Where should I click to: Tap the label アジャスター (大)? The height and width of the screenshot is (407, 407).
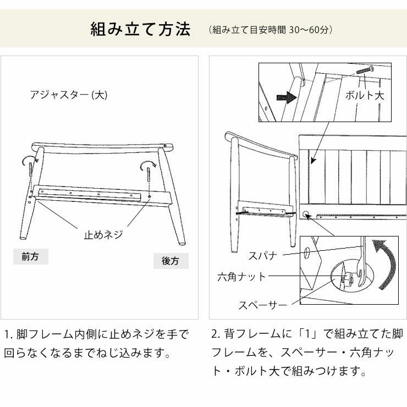click(x=69, y=95)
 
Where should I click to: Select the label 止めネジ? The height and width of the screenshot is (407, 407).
click(x=103, y=235)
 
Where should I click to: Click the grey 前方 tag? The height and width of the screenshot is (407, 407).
click(x=30, y=257)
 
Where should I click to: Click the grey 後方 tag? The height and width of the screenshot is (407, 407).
click(x=170, y=261)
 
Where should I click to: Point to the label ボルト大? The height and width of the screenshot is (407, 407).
click(x=365, y=95)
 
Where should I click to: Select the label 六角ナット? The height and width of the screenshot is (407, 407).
click(x=241, y=277)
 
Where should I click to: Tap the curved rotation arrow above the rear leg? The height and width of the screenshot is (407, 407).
click(x=147, y=165)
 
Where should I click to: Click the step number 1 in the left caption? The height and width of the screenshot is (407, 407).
click(x=7, y=334)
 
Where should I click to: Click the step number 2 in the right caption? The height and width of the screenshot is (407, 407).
click(x=215, y=334)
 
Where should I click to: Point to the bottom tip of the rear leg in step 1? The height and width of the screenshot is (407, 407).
click(x=182, y=242)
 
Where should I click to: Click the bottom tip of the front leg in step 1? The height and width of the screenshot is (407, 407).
click(x=23, y=238)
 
